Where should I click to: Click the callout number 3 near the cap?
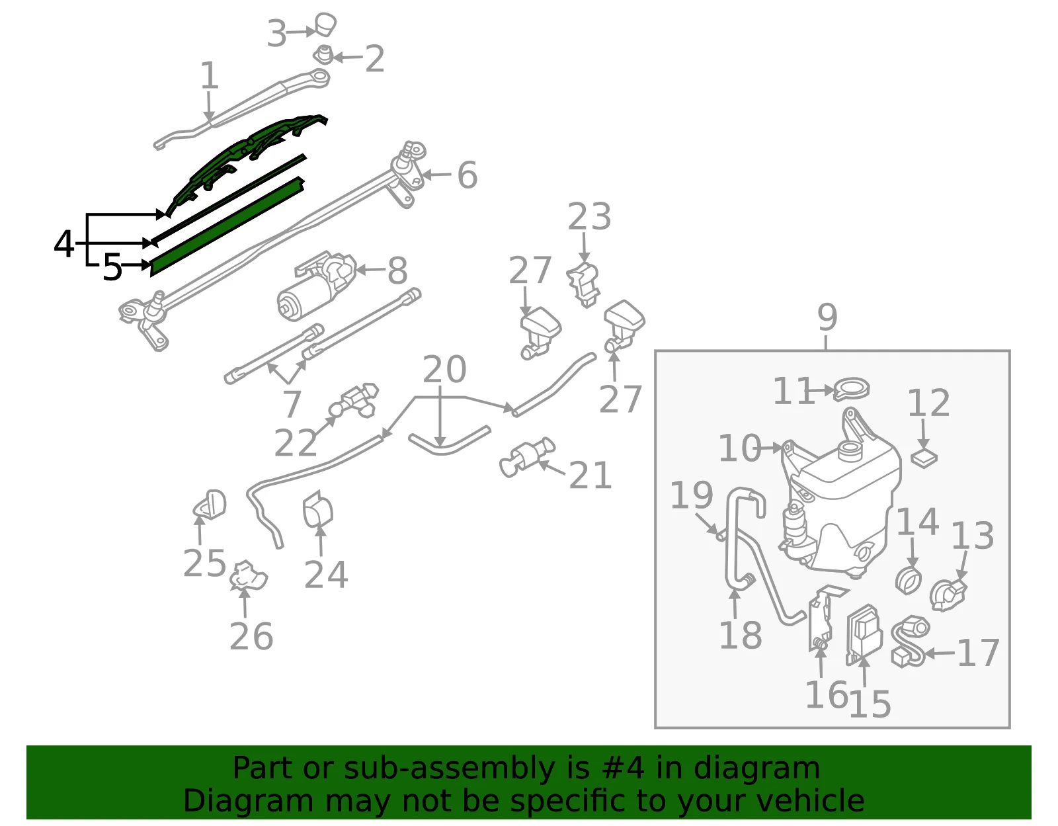click(x=276, y=34)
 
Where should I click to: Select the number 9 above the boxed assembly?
click(x=827, y=317)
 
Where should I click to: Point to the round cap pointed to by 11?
click(x=852, y=389)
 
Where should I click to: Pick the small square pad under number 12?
click(x=924, y=458)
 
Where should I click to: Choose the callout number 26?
click(x=251, y=636)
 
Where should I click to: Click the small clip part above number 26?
click(x=249, y=576)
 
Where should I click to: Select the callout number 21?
click(x=590, y=475)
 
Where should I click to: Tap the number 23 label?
click(x=589, y=217)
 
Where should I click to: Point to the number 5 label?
click(x=112, y=267)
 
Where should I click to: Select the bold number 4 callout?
click(x=63, y=244)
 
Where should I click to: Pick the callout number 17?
click(x=979, y=653)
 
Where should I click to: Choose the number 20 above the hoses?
click(x=444, y=370)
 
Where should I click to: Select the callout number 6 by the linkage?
click(x=468, y=175)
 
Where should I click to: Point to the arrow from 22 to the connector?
click(x=325, y=429)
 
